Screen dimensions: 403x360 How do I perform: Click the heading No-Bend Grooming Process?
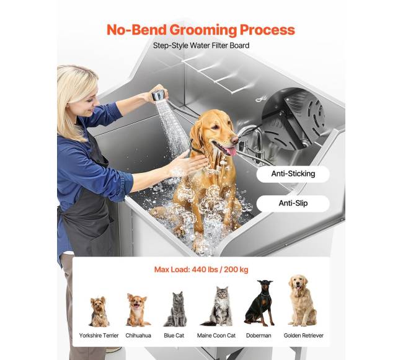(201, 30)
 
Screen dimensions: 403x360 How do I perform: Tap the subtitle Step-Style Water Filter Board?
(201, 46)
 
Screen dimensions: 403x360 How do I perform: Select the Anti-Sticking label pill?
(293, 174)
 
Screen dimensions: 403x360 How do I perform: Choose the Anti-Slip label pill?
(293, 203)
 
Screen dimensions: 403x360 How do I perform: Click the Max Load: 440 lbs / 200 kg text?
(201, 270)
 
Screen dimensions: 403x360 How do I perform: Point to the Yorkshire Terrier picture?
(99, 312)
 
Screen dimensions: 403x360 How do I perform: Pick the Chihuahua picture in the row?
(138, 310)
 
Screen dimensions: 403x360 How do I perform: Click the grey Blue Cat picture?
(175, 309)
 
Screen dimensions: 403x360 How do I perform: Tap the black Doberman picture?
(260, 303)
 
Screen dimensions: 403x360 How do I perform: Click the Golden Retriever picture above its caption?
(303, 301)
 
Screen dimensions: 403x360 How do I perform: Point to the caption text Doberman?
(259, 336)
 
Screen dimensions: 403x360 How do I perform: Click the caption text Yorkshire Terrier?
(99, 336)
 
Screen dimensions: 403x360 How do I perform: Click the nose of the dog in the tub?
(234, 140)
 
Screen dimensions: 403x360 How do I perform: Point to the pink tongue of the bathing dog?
(231, 151)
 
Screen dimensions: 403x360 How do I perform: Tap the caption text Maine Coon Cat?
(216, 336)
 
